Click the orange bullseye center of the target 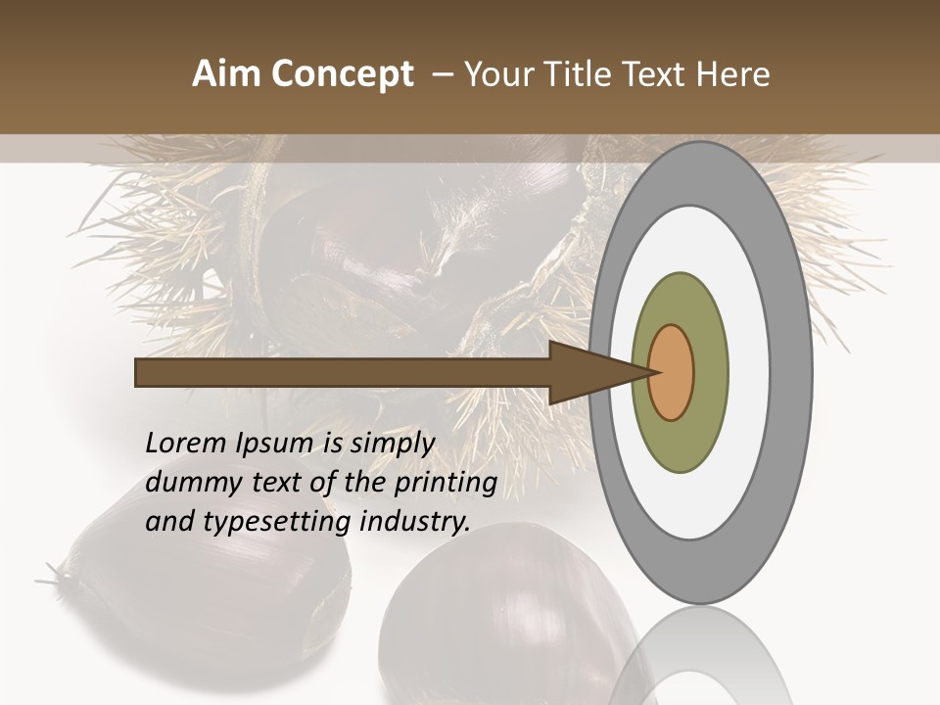(672, 373)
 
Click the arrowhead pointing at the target (587, 373)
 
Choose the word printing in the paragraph (446, 484)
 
